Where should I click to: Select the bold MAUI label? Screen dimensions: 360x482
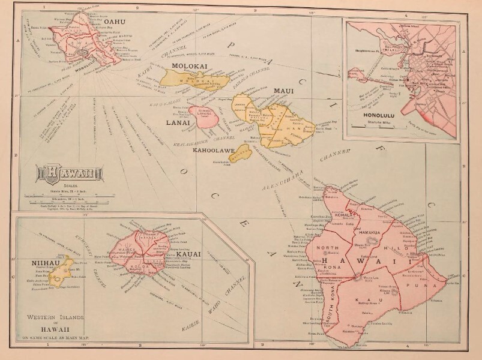[x=283, y=91]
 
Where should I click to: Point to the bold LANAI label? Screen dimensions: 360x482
[x=177, y=122]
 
